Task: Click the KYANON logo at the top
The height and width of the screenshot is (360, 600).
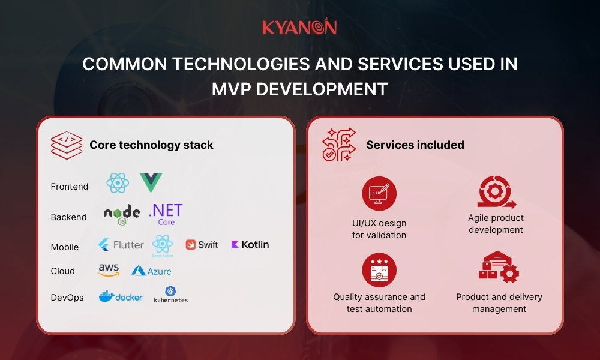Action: click(299, 28)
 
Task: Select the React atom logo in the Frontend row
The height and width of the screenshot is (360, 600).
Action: click(117, 183)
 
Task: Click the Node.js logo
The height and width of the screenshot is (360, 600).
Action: click(122, 214)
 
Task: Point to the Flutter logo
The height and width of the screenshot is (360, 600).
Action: click(121, 245)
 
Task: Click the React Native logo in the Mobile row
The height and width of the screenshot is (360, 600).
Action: click(163, 245)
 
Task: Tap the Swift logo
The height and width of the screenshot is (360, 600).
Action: click(202, 245)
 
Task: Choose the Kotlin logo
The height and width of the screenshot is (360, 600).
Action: click(250, 244)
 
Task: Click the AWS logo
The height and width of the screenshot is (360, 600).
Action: click(109, 271)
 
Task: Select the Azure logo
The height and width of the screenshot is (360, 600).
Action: click(151, 271)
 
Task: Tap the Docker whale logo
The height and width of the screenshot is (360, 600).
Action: click(121, 296)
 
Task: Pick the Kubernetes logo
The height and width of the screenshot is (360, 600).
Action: click(170, 294)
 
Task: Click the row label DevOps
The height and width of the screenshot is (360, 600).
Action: click(67, 298)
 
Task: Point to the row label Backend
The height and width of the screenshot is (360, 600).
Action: click(68, 217)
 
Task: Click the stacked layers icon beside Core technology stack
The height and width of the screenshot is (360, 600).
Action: click(65, 145)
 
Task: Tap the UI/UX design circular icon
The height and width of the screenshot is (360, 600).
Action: click(379, 193)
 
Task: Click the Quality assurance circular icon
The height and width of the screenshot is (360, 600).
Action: click(379, 270)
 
